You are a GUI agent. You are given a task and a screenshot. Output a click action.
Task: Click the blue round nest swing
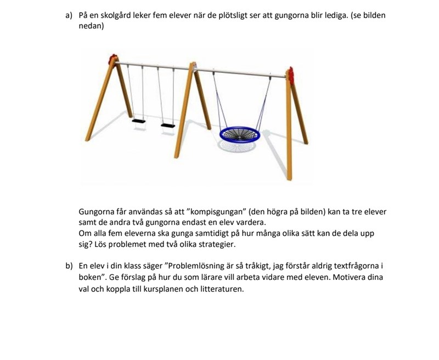[x=239, y=133]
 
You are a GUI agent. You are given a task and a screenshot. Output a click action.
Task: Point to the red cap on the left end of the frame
[x=113, y=59]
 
